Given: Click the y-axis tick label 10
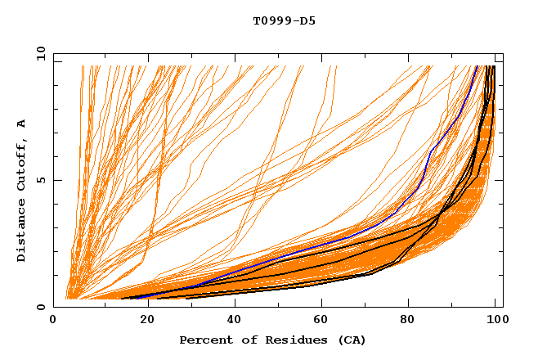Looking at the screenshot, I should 40,52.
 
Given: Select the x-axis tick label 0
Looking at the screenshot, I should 53,321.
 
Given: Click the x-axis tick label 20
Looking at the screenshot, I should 142,321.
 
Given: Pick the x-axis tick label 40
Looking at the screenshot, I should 231,321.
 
